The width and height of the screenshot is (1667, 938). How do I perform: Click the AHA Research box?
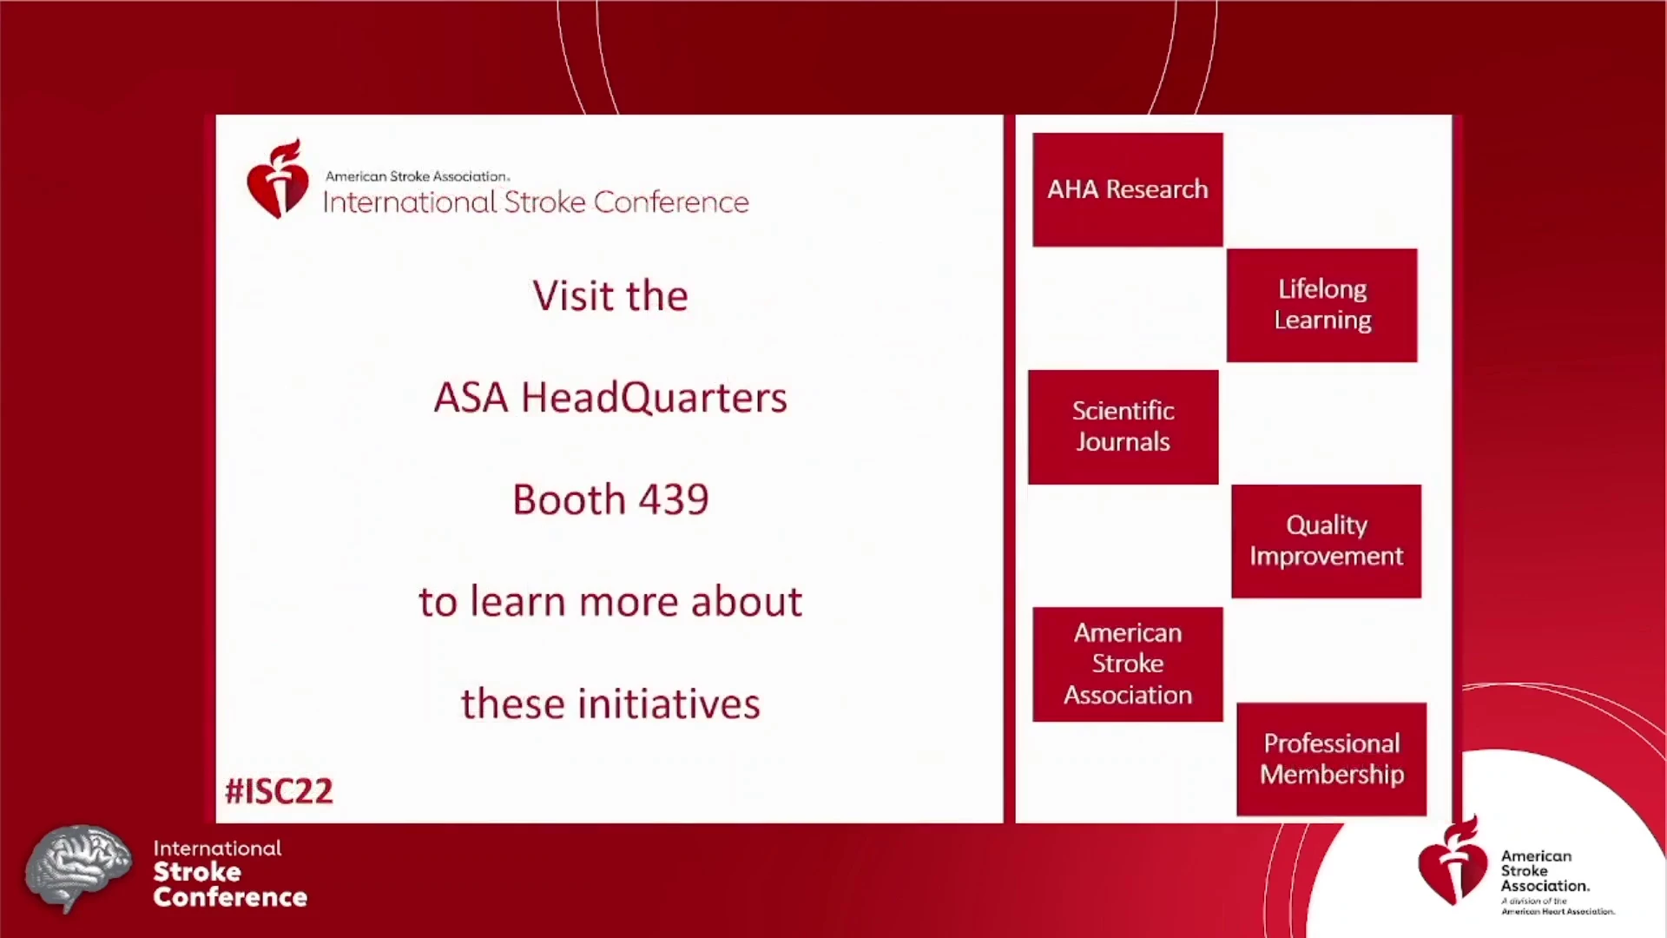click(1128, 189)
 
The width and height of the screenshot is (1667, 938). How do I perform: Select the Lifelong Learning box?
click(1321, 305)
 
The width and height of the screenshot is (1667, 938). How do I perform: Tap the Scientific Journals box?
click(1123, 426)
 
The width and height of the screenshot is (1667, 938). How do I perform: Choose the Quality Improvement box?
click(1327, 541)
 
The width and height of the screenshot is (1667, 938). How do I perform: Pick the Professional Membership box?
click(1332, 759)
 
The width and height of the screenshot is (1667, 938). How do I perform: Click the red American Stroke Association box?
click(1128, 664)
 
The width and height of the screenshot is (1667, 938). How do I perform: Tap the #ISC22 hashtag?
click(279, 791)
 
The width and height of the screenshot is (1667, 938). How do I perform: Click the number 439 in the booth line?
click(674, 499)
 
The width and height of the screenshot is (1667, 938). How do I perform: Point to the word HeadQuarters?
click(654, 398)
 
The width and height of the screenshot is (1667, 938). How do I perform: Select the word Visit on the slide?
click(572, 295)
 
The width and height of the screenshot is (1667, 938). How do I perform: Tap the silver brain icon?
click(78, 867)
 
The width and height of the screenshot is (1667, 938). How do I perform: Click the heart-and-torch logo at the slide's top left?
click(278, 179)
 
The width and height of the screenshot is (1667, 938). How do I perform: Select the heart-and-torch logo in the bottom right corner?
click(1453, 862)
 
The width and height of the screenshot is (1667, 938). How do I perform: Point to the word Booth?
click(569, 499)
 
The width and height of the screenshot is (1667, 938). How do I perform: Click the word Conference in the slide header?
click(671, 202)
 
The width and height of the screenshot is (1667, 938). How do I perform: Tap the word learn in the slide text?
click(517, 601)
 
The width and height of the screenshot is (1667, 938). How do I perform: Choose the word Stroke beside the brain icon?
click(197, 872)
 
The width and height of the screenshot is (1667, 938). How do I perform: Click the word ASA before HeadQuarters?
click(471, 398)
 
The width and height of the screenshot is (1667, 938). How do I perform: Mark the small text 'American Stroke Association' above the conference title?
click(417, 176)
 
